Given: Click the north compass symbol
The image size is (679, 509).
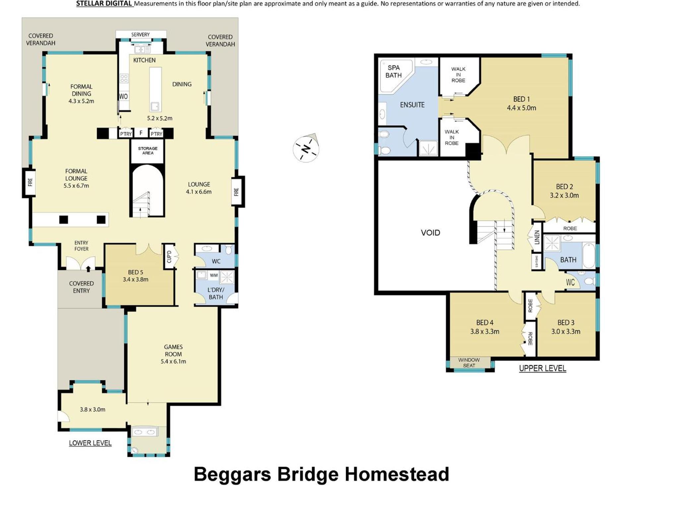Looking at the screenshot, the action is coord(306,148).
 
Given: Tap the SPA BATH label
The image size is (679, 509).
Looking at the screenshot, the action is coord(394,72).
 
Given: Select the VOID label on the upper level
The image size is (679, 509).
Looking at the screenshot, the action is coord(430,233).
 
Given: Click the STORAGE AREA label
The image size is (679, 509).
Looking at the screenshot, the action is coord(148,151).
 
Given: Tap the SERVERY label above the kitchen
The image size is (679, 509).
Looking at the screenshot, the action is coord(140,34).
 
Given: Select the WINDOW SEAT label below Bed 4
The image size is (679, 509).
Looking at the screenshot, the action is coord(469,363).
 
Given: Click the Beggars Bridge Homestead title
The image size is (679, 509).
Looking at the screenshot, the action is coord(321,474).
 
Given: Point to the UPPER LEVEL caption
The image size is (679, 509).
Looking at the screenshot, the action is coord(542,368).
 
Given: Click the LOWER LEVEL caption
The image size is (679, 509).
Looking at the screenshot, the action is coord(90,443).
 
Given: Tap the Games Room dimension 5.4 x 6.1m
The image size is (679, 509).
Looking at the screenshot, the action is coord(173,362).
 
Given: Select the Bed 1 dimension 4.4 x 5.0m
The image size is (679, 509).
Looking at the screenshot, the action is coord(522,108).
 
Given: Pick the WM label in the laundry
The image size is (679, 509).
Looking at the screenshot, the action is coord(214,275).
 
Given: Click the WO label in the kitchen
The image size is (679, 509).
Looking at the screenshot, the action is coord(123,96).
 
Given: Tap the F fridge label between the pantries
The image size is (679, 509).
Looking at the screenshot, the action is coord(141,133).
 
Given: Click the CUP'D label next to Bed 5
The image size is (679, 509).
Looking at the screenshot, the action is coord(169,256).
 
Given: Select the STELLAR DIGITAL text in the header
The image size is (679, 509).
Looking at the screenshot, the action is coord(104,4).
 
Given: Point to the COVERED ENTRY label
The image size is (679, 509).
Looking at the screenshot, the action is coord(81,287).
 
